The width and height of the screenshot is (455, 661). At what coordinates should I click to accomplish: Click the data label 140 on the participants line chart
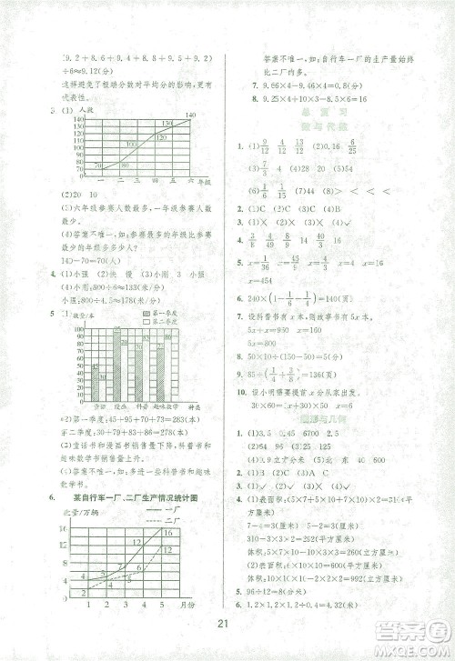click(189, 115)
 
